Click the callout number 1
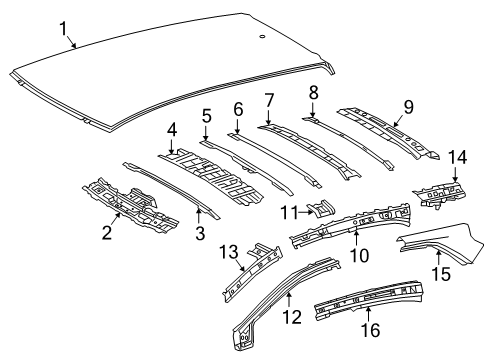pyautogui.click(x=66, y=28)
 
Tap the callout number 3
pyautogui.click(x=198, y=233)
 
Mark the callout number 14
pyautogui.click(x=458, y=156)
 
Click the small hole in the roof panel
pyautogui.click(x=262, y=37)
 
